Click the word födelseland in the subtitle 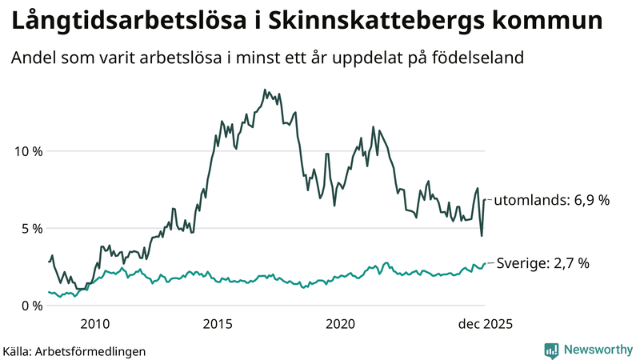[479, 58]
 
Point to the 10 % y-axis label [27, 151]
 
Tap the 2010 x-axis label [94, 324]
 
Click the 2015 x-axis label [218, 324]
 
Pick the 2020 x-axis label [341, 324]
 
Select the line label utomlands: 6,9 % [551, 200]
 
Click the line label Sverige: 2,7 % [543, 263]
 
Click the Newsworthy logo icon [551, 350]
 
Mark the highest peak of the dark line [265, 90]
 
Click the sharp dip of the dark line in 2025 [482, 235]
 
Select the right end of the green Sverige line [486, 263]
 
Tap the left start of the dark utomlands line [49, 262]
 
